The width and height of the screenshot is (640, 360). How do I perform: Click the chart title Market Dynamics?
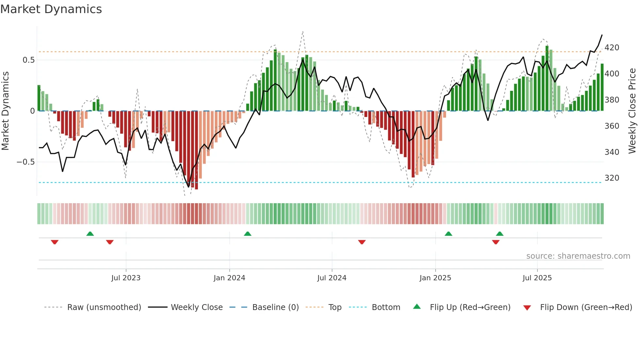point(51,9)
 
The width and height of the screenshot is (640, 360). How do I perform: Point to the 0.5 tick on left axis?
point(28,60)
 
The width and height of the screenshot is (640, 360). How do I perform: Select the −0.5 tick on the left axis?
point(25,162)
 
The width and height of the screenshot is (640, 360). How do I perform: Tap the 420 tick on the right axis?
point(612,48)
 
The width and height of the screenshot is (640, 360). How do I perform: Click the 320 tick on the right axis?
point(612,178)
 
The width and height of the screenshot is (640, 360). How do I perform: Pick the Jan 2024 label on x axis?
point(229,278)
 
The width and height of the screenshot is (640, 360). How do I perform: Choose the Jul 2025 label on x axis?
point(537,278)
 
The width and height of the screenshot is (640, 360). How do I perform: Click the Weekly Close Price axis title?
point(632,111)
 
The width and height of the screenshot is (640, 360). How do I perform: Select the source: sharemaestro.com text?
point(578,256)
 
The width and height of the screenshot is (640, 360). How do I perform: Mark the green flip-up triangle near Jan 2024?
point(248,234)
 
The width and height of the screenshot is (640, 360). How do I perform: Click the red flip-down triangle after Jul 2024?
point(362,242)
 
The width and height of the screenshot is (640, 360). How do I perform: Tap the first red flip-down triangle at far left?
point(55,242)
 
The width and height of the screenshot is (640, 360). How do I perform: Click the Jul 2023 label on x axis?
point(126,278)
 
